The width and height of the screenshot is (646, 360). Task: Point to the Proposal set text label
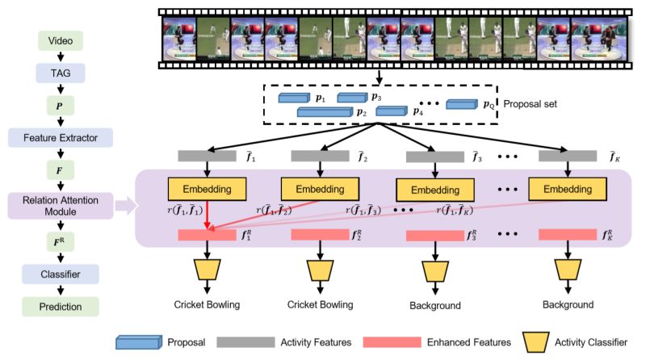pyautogui.click(x=530, y=104)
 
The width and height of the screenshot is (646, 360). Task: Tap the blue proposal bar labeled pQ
pyautogui.click(x=462, y=104)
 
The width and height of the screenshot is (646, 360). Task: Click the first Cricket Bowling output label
pyautogui.click(x=207, y=305)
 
